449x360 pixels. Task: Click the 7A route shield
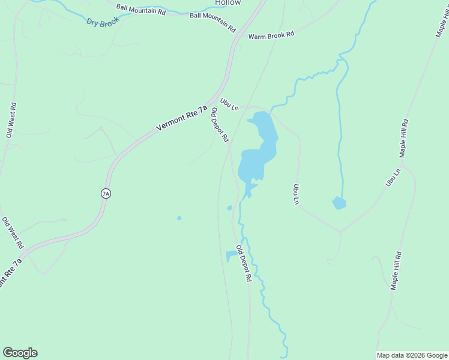pyautogui.click(x=106, y=193)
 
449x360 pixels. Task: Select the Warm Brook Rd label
pyautogui.click(x=271, y=35)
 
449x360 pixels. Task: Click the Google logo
pyautogui.click(x=20, y=353)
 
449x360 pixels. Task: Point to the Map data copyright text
pyautogui.click(x=412, y=355)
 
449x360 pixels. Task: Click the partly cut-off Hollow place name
pyautogui.click(x=228, y=3)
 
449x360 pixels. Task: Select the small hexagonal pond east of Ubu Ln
pyautogui.click(x=339, y=203)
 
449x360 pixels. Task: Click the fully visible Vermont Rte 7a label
pyautogui.click(x=181, y=118)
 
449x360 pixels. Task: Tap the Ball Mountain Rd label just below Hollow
pyautogui.click(x=212, y=22)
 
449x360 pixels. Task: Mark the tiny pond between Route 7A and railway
pyautogui.click(x=179, y=218)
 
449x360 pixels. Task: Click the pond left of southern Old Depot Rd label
pyautogui.click(x=231, y=256)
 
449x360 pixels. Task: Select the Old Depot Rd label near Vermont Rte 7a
pyautogui.click(x=219, y=124)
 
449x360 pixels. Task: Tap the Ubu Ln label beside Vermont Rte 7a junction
pyautogui.click(x=229, y=104)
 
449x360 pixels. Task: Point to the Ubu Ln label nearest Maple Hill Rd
pyautogui.click(x=393, y=178)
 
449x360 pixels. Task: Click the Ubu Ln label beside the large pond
pyautogui.click(x=295, y=194)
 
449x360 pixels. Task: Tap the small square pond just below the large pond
pyautogui.click(x=229, y=208)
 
